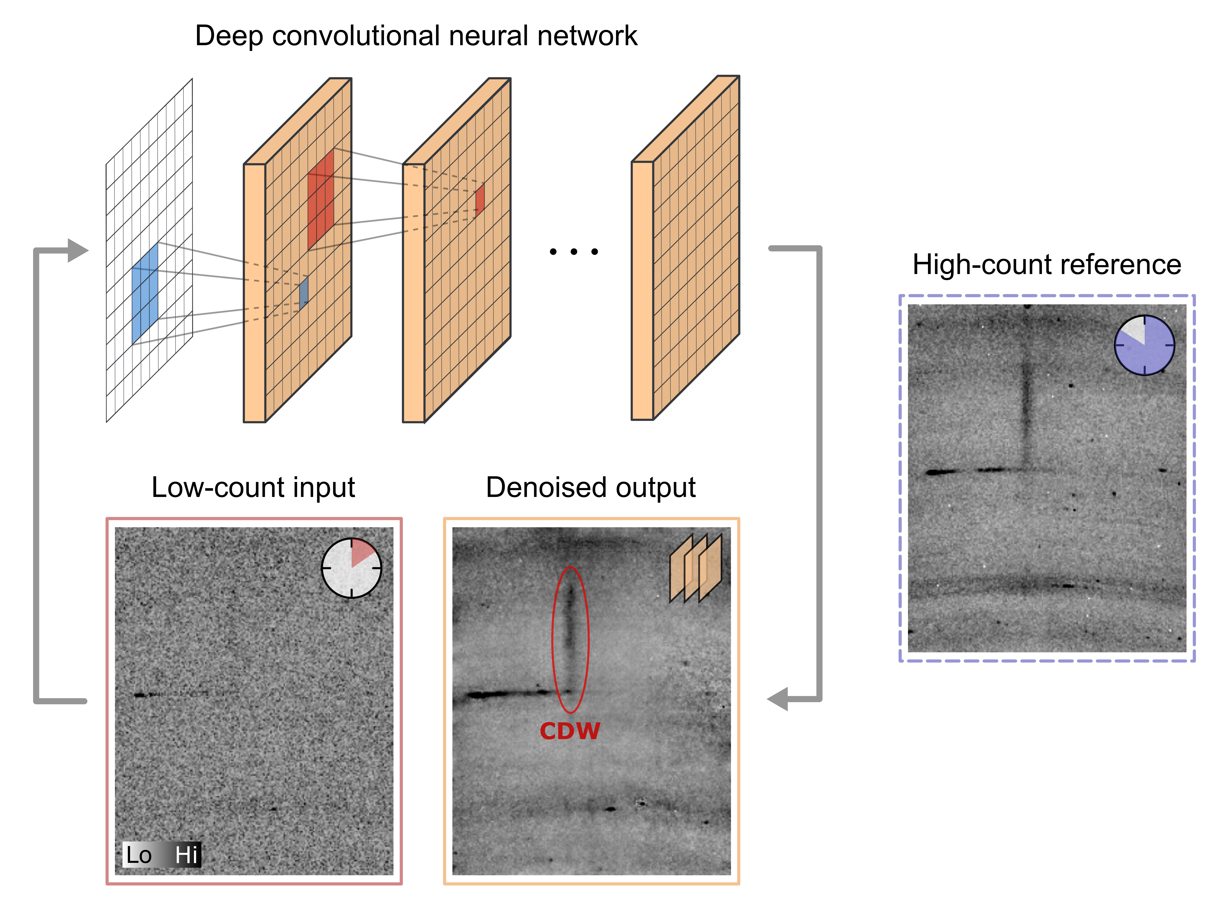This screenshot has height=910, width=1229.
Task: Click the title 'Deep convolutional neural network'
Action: click(x=416, y=36)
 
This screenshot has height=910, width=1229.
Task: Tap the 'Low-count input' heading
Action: click(x=253, y=487)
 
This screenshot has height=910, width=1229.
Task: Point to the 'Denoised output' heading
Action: click(x=590, y=487)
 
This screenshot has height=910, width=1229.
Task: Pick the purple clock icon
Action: click(x=1144, y=345)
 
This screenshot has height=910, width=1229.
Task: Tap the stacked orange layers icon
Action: click(x=696, y=569)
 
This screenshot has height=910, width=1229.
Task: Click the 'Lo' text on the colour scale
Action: click(x=138, y=855)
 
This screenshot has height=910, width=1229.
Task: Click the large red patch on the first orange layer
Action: click(x=321, y=199)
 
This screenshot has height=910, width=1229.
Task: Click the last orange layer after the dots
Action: click(x=696, y=248)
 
